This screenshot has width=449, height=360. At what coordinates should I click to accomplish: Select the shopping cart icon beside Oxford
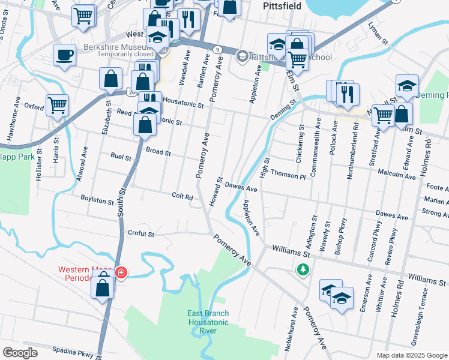pyautogui.click(x=58, y=105)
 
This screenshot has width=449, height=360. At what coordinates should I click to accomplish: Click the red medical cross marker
pyautogui.click(x=121, y=273)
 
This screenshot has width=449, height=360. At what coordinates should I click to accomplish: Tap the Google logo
pyautogui.click(x=20, y=353)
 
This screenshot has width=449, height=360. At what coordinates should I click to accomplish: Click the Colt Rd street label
pyautogui.click(x=182, y=196)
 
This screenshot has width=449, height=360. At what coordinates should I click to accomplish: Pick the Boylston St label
pyautogui.click(x=97, y=199)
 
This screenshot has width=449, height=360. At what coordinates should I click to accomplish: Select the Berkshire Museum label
pyautogui.click(x=115, y=47)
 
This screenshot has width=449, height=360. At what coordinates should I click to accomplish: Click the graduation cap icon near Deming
pyautogui.click(x=407, y=85)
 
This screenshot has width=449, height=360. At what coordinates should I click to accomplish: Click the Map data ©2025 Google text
pyautogui.click(x=411, y=355)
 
